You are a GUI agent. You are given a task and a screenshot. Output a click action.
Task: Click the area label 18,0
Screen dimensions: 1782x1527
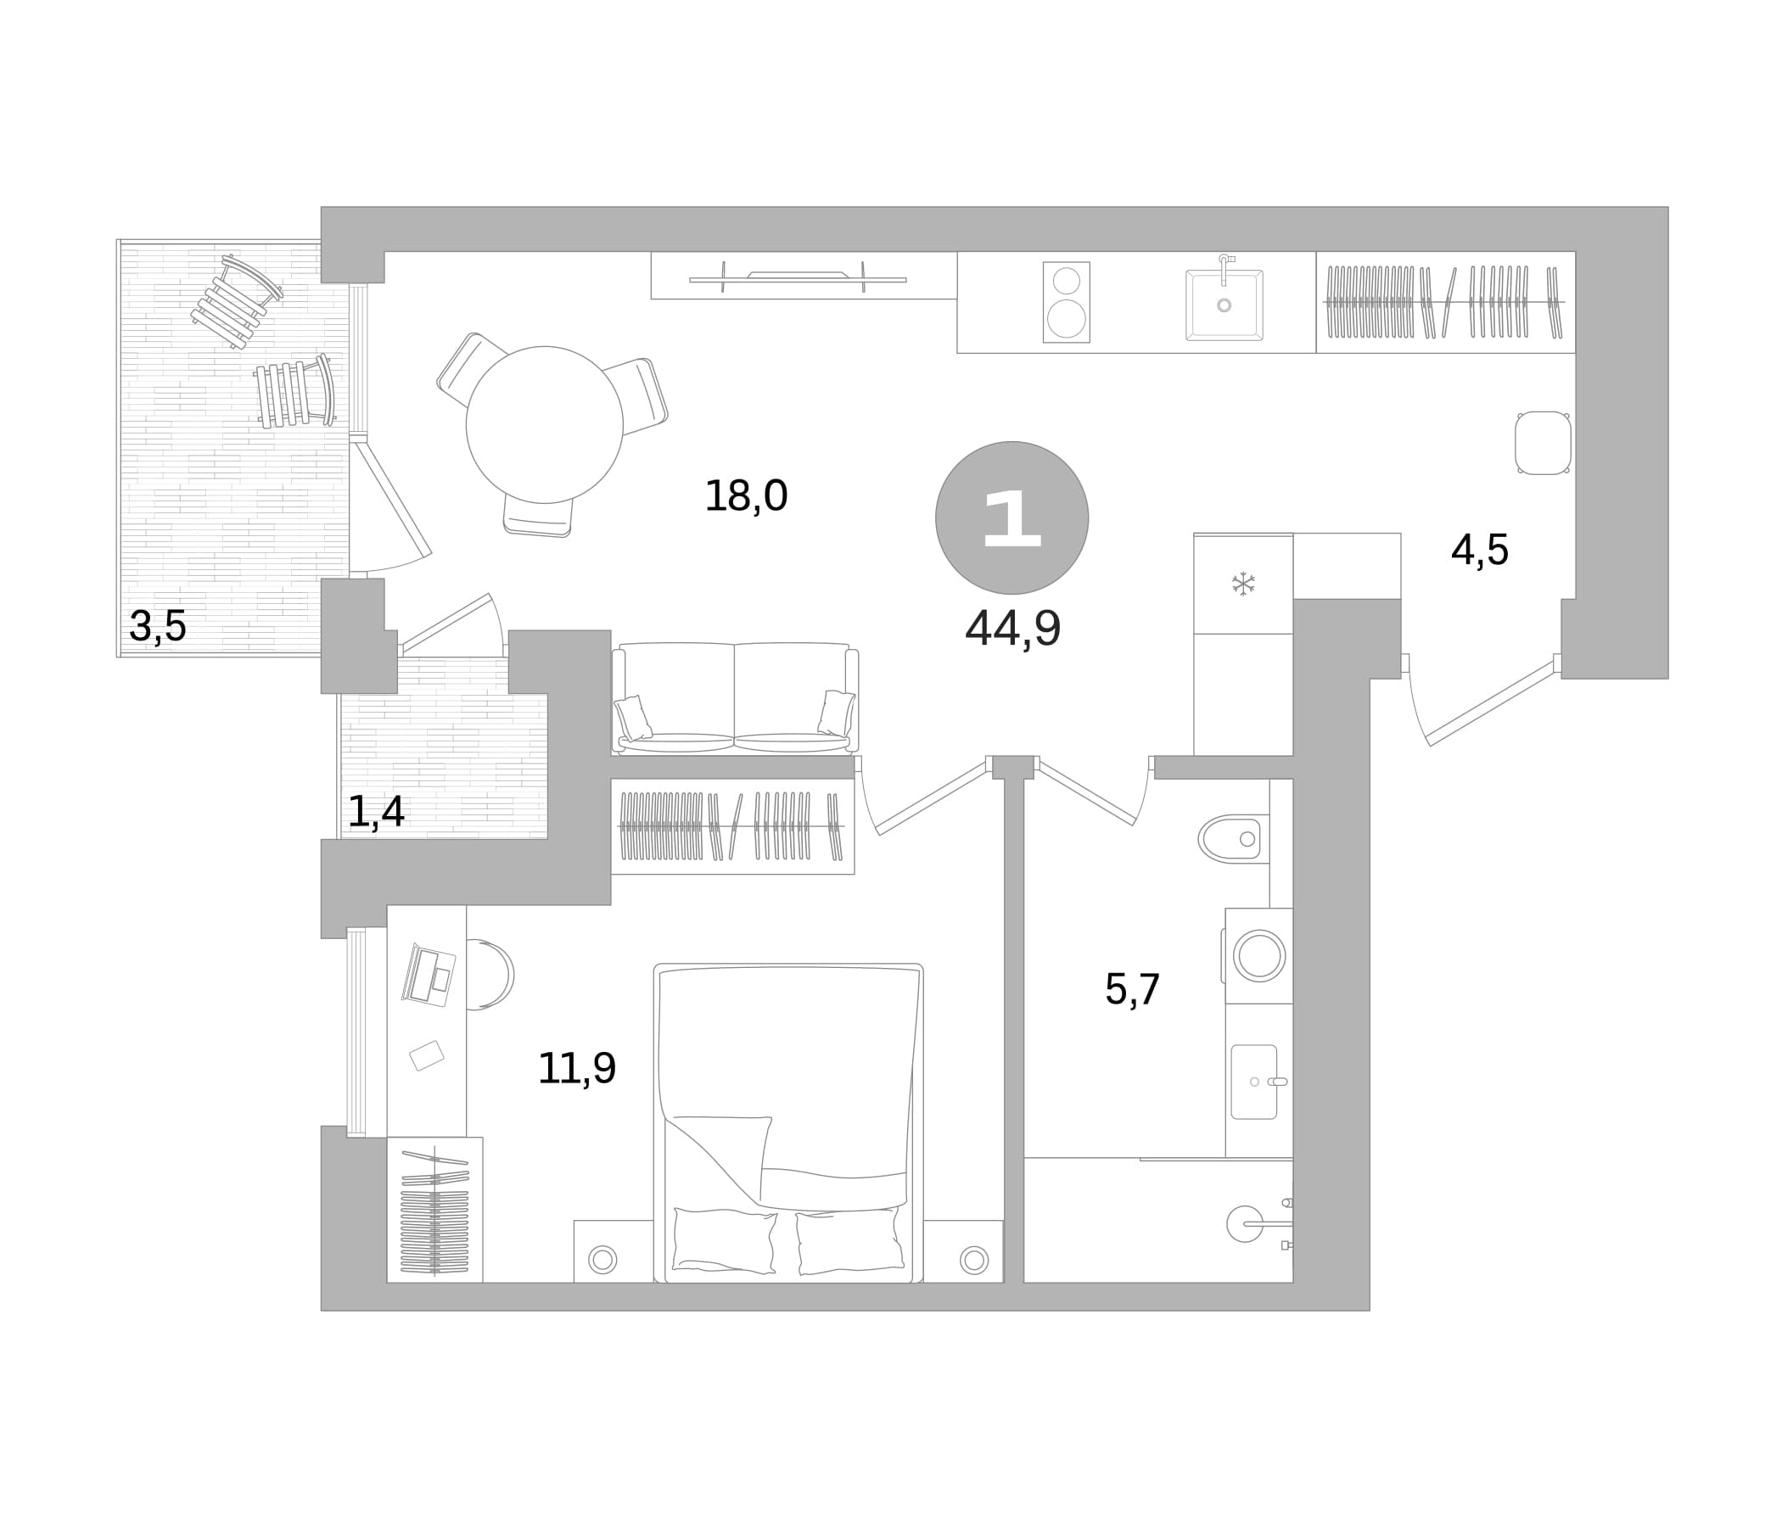(746, 496)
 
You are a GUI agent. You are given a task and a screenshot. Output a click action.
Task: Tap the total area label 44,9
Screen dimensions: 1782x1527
(1012, 629)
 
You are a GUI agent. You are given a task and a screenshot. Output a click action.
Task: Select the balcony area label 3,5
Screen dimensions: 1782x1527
(157, 626)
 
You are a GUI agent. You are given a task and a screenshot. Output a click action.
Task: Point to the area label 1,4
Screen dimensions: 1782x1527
(376, 812)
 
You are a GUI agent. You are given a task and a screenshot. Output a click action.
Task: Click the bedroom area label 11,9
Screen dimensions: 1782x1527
(576, 1069)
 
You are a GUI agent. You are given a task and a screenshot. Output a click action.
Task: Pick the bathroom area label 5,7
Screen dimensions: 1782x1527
(1133, 990)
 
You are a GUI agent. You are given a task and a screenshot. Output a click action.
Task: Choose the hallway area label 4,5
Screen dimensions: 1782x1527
(1479, 551)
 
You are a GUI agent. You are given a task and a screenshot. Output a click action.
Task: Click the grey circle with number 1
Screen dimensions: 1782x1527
(1012, 517)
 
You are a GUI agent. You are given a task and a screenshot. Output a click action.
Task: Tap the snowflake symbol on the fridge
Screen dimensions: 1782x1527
(1243, 584)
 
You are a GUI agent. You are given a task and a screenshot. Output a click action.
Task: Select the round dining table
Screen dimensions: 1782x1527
(545, 425)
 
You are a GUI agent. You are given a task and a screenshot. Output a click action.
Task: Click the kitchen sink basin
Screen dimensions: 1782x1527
(1224, 305)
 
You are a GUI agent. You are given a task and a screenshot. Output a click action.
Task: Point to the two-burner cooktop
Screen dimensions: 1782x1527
(1067, 302)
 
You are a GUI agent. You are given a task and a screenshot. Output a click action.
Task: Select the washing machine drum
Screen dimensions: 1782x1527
(1259, 956)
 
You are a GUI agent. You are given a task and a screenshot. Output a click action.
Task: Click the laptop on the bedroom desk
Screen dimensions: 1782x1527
(429, 975)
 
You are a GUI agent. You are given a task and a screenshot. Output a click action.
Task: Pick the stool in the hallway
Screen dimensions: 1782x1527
(1543, 443)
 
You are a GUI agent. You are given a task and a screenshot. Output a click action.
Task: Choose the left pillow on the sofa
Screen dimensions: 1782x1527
(633, 718)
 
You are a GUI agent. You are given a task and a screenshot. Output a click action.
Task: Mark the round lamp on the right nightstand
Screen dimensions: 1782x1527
(973, 1261)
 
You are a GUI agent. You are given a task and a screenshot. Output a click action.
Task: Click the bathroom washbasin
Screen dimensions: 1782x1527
(1254, 1082)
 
